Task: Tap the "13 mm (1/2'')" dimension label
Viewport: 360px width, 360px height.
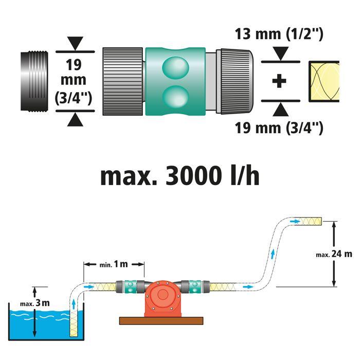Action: pos(279,34)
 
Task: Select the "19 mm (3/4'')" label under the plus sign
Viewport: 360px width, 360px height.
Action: pos(279,128)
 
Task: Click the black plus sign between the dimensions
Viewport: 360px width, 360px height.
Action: pos(279,81)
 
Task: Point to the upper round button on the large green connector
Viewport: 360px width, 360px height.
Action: pos(175,68)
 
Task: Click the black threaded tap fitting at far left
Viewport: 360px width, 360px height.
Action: pos(34,82)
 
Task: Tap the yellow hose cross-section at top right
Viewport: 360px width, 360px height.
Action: pos(323,81)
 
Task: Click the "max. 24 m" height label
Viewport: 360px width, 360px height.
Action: pos(334,254)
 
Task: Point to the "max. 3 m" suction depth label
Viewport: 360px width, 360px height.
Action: pos(35,303)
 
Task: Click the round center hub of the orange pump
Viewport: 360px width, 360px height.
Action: pos(163,294)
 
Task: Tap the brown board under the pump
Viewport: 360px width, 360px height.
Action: pos(161,321)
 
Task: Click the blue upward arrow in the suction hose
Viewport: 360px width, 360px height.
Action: pos(74,304)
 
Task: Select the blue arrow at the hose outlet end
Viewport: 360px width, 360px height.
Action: pos(295,221)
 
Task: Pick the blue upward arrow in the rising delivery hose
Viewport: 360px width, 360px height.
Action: pos(273,255)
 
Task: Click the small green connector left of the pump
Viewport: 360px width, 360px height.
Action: pos(131,287)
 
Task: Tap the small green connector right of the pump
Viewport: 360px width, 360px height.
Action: pos(195,287)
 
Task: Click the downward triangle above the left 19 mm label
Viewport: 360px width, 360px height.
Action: pos(75,43)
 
